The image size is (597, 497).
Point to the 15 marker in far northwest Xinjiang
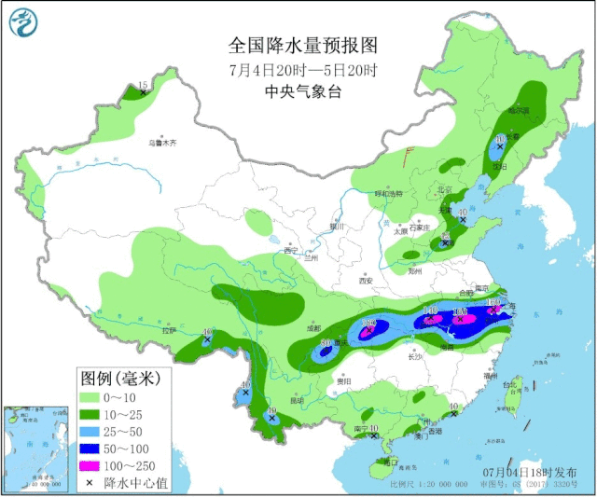(x=143, y=87)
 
